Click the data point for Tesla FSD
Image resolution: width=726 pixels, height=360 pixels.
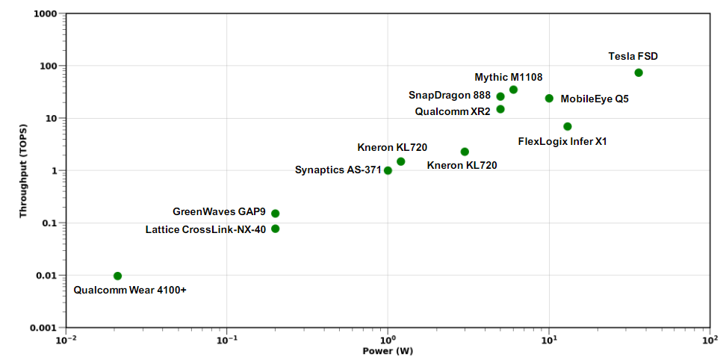[x=639, y=72]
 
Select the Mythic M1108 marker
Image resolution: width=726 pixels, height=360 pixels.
[x=513, y=90]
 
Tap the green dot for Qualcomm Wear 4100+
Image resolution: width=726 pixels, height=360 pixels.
[x=117, y=276]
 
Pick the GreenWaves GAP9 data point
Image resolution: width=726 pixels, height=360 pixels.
[x=276, y=214]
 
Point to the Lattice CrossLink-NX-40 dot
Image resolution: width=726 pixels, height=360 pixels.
[x=276, y=229]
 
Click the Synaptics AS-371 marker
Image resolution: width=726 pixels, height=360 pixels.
[x=388, y=170]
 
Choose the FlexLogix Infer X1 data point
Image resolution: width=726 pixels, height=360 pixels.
[x=568, y=126]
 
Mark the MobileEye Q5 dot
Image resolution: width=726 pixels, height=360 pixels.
[x=549, y=99]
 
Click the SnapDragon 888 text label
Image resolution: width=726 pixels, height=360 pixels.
[x=450, y=96]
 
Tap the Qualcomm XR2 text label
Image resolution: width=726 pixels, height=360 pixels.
[x=453, y=111]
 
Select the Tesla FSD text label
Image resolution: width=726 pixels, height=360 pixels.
[x=633, y=56]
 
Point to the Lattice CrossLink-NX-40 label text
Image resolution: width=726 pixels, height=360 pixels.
[x=205, y=229]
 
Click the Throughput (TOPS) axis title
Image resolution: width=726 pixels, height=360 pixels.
[x=24, y=170]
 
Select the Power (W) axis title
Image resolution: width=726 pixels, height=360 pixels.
[x=388, y=350]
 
